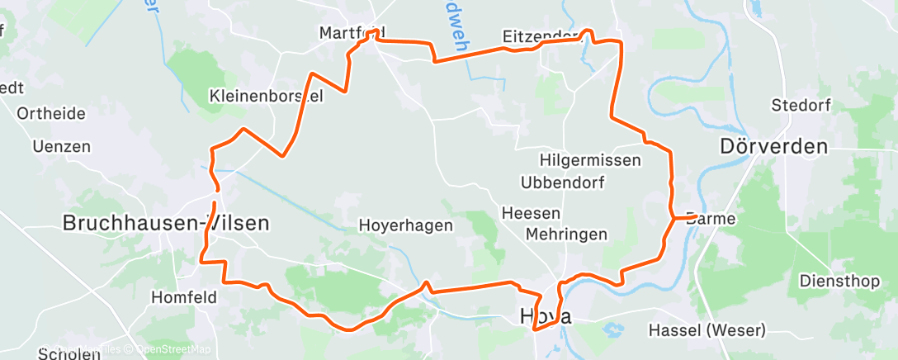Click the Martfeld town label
[352, 33]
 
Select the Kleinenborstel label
[267, 95]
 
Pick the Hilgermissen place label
[590, 160]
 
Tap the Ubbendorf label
[563, 182]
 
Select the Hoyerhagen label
[405, 225]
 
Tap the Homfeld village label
[184, 296]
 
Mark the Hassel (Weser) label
[707, 330]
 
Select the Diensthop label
[839, 281]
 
